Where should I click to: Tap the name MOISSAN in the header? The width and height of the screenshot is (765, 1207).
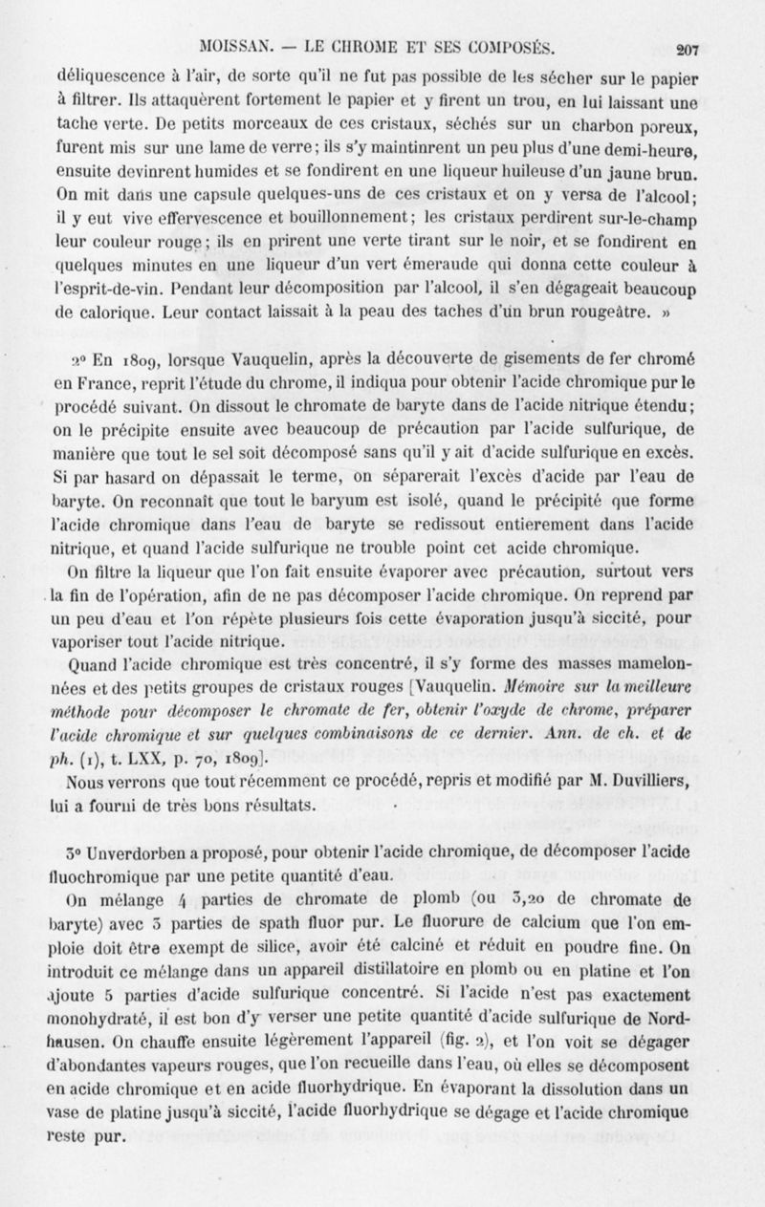pyautogui.click(x=231, y=48)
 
